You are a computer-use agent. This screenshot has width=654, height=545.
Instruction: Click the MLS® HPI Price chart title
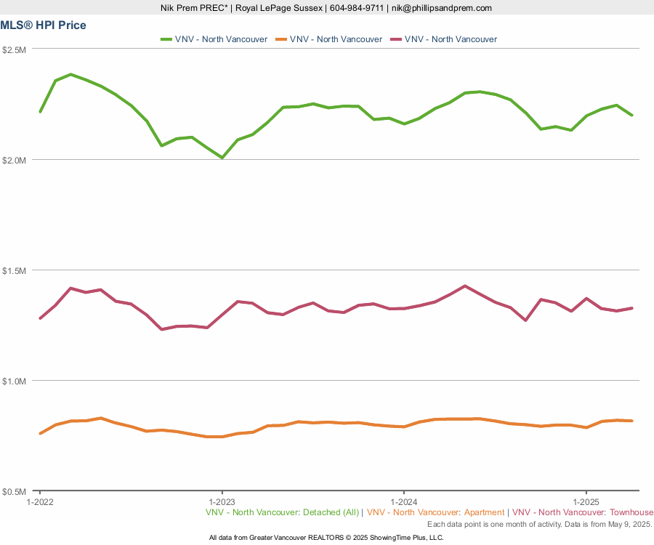[44, 25]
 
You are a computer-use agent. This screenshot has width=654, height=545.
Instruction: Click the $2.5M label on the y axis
[15, 49]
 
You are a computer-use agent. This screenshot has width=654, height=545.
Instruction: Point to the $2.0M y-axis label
[15, 160]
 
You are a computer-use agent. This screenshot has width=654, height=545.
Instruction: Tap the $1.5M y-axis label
[15, 270]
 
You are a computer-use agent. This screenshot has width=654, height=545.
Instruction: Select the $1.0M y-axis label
[15, 381]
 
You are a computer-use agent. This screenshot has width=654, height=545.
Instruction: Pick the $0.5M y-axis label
[15, 491]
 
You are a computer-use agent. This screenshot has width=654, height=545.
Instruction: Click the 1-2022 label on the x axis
[40, 501]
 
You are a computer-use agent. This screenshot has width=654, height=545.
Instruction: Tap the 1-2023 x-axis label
[222, 501]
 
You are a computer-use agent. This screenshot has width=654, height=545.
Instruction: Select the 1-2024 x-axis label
[404, 501]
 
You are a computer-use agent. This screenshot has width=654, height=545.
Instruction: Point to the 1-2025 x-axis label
[586, 501]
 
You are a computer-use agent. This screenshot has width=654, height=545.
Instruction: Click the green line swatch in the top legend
[166, 39]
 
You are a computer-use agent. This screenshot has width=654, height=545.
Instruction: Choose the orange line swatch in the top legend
[280, 39]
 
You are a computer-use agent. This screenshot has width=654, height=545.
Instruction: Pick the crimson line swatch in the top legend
[395, 39]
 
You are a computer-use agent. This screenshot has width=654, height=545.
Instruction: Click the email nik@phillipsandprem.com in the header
[441, 8]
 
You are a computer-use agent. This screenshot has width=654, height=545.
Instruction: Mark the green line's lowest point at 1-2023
[222, 158]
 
